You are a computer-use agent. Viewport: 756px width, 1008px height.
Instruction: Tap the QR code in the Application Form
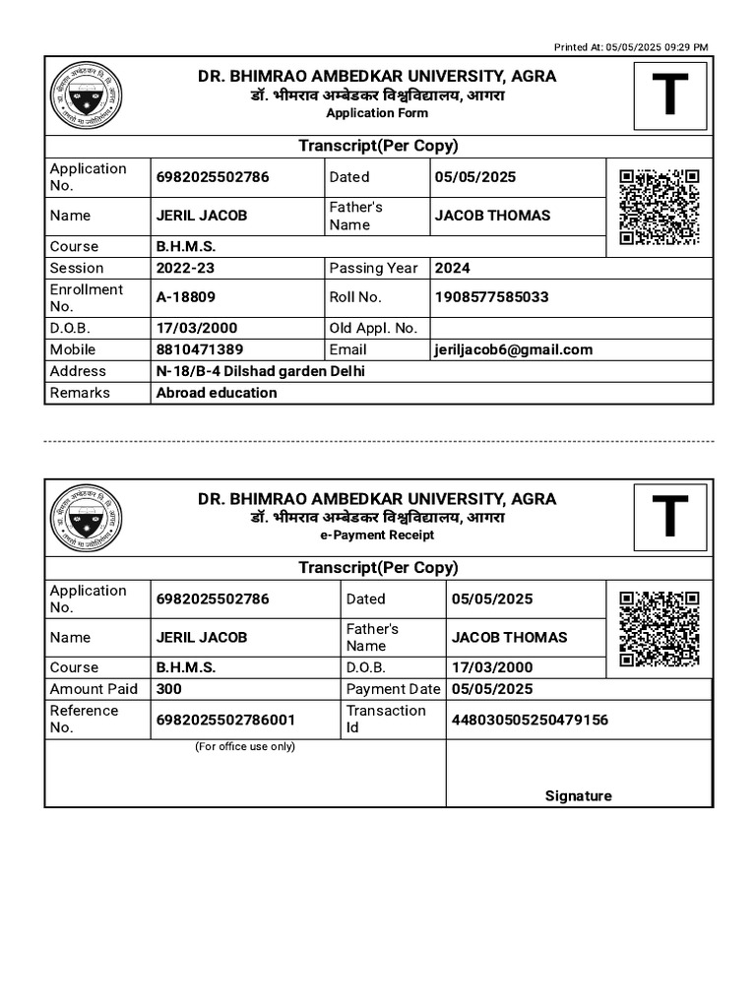pos(660,207)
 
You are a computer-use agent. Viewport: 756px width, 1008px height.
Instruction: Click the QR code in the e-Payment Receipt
pos(660,629)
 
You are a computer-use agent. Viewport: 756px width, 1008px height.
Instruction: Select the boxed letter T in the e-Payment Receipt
pos(669,518)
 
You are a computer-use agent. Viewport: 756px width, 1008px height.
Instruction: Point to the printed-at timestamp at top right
pos(631,46)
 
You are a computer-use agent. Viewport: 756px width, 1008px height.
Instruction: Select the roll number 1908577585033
pos(492,297)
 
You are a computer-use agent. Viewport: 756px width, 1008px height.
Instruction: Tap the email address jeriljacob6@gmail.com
pos(514,349)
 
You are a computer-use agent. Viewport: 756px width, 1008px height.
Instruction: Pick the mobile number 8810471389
pos(200,349)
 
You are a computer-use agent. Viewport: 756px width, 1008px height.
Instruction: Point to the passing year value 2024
pos(453,268)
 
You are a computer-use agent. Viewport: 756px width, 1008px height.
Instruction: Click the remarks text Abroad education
pos(217,393)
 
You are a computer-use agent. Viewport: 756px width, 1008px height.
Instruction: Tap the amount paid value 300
pos(169,689)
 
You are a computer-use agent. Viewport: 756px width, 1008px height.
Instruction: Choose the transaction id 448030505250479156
pos(530,720)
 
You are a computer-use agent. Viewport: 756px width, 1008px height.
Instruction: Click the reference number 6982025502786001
pos(225,720)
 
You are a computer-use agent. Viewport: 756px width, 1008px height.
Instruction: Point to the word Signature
pos(578,796)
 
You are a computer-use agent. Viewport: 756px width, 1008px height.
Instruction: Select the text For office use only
pos(245,747)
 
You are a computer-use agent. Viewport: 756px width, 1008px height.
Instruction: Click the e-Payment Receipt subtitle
pos(377,535)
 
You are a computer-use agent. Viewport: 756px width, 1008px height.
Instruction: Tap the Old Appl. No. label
pos(373,328)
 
